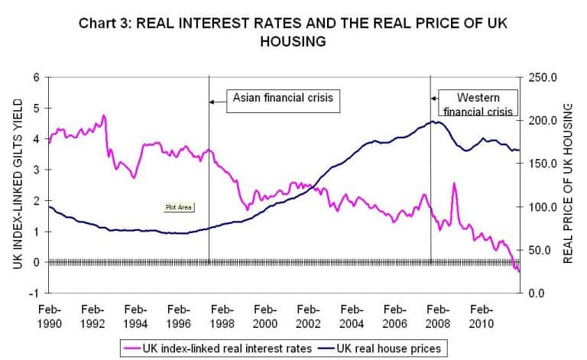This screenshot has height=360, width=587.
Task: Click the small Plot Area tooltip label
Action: point(177,206)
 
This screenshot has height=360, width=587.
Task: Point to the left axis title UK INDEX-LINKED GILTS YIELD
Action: point(17,184)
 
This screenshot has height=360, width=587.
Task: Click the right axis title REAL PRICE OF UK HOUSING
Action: point(568,184)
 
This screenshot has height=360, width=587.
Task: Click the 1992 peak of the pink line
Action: point(103,115)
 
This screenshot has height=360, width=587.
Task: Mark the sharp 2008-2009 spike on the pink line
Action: point(454,183)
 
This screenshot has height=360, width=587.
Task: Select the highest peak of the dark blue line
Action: point(433,121)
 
